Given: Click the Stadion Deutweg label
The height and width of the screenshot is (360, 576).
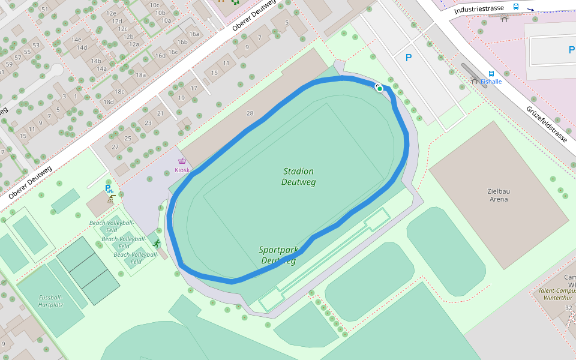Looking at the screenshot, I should (298, 176).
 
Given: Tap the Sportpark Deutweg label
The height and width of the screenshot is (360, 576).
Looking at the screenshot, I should (278, 255).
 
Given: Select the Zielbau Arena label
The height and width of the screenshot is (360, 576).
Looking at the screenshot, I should (499, 195).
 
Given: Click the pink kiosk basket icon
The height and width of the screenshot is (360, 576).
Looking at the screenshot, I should (182, 161).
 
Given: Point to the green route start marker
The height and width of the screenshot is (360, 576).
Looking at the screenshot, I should (379, 89).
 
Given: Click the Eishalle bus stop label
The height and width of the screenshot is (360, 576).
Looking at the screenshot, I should (491, 82).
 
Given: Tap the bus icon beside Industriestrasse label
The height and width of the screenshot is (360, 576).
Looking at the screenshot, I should (516, 7).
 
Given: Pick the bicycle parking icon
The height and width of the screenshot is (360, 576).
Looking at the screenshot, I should (109, 189).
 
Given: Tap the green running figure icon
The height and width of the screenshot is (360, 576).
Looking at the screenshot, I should (157, 244).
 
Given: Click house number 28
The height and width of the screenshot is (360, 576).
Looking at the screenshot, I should (250, 113).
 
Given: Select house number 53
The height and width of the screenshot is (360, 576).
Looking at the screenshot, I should (36, 45).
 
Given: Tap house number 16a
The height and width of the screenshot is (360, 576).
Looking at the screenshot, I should (194, 34).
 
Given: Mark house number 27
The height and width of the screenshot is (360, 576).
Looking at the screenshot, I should (116, 147).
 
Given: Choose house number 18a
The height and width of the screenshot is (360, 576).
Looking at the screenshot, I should (140, 75).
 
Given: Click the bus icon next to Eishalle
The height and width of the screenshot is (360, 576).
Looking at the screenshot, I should (491, 73).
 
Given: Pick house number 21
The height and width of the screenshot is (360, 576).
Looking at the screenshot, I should (160, 113).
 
